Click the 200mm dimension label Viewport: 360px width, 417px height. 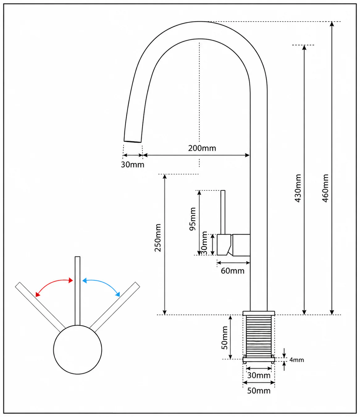(202, 148)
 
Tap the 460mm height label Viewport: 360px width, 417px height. (325, 188)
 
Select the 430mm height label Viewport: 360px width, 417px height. (298, 188)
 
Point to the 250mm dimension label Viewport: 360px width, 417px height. (157, 238)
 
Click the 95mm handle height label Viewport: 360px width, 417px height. (192, 219)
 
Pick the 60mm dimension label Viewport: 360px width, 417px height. (232, 271)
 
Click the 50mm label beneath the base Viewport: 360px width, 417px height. (259, 391)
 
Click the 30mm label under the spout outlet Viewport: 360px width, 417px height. (132, 165)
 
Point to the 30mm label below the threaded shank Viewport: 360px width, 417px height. (259, 376)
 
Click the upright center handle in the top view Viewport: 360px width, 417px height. (77, 291)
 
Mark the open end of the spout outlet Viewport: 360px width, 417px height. (132, 142)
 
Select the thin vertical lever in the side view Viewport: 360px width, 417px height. (223, 212)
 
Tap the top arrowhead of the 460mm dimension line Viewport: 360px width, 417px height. (332, 24)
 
